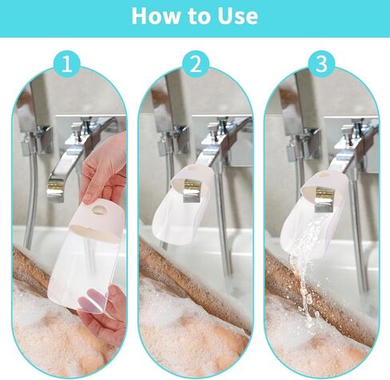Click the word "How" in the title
pos(156,16)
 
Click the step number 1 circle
pos(66,64)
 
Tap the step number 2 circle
pos(196,64)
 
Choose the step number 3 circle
pos(321,64)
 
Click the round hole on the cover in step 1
pos(97,210)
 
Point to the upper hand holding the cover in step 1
pos(104,170)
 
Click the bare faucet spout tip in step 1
pos(55,188)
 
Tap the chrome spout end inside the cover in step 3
pos(323,199)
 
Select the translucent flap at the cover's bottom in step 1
pos(94,299)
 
